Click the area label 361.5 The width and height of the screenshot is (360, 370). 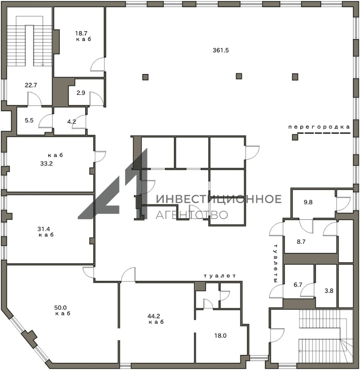coord(221,50)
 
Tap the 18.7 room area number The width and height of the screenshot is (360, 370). coord(81,34)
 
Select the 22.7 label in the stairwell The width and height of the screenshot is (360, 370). coord(31,85)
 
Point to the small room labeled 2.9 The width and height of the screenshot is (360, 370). coord(81,93)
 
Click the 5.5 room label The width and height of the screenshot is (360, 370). coord(29,120)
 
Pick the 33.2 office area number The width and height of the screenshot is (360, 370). coord(46,163)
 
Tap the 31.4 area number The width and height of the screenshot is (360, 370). coord(44,229)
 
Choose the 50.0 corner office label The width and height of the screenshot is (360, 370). coord(60,308)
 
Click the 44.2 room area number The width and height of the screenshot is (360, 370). coord(153,316)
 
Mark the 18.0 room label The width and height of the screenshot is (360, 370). coord(220,335)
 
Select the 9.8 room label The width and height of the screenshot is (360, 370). coord(308,202)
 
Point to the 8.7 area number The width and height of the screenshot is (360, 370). coord(301,242)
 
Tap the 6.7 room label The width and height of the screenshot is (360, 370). coord(298,285)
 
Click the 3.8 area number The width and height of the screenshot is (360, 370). coord(329,291)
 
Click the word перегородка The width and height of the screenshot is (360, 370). coord(319,127)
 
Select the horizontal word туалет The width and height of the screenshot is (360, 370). coord(220,276)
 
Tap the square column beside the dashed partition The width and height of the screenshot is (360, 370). coord(295,137)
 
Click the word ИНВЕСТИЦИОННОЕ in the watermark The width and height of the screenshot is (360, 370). coord(219,199)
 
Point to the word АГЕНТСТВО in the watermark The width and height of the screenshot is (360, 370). coord(192,215)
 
